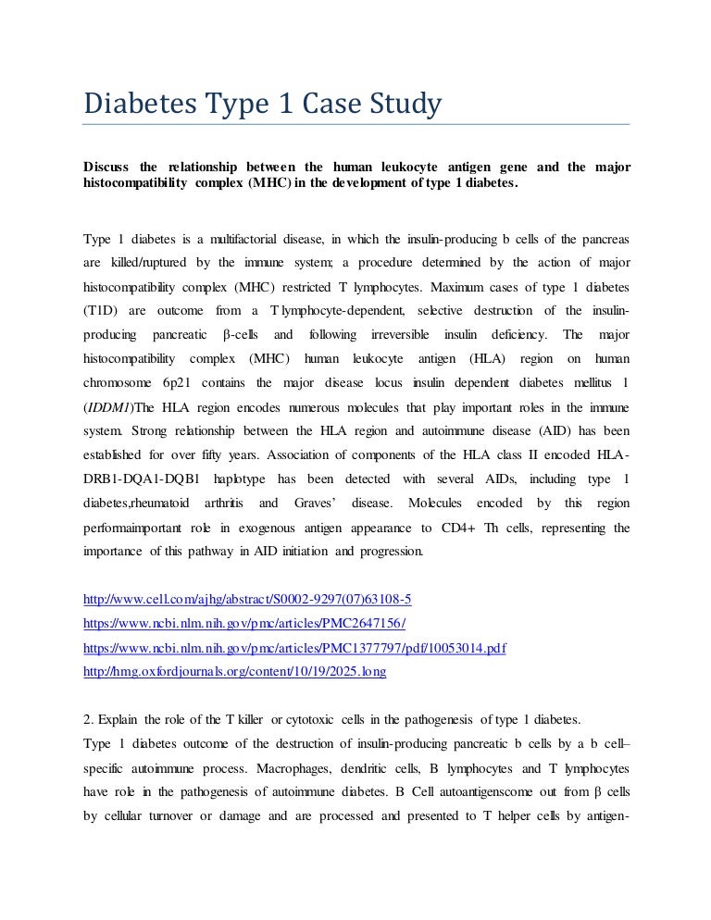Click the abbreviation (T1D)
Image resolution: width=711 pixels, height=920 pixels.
tap(101, 310)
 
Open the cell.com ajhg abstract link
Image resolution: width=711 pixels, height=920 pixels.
tap(247, 599)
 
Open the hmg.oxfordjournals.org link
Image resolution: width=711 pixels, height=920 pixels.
tap(234, 672)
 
